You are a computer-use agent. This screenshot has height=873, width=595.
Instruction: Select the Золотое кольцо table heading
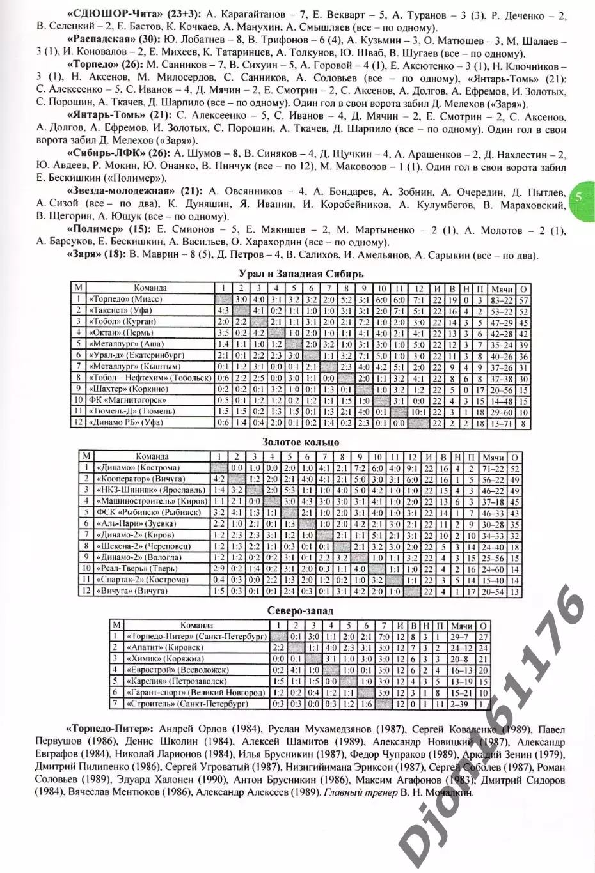coord(301,442)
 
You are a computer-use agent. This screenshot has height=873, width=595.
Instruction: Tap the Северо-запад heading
coord(301,611)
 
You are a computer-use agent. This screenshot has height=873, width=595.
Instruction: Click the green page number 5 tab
coord(579,197)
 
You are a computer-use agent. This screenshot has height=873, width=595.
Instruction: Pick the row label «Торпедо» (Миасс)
coord(127,299)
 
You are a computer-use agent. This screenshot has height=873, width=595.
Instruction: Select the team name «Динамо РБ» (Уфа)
coord(127,422)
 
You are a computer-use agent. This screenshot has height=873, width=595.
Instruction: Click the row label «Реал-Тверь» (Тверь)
coord(133,568)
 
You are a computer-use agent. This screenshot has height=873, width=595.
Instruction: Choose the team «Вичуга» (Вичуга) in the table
coord(132,591)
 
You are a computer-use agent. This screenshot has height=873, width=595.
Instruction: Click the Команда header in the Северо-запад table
coord(196,625)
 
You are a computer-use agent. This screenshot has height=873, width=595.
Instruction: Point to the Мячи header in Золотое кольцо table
coord(493,456)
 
